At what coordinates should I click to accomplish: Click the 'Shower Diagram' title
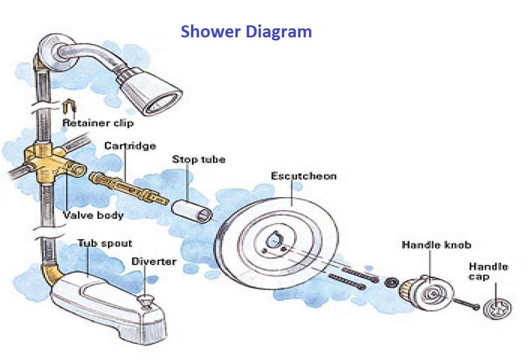(x=246, y=32)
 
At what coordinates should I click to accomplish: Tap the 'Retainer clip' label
(x=98, y=123)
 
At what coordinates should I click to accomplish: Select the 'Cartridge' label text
(x=130, y=146)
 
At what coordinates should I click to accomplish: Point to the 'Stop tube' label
(x=198, y=159)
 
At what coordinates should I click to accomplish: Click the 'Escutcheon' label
(x=303, y=176)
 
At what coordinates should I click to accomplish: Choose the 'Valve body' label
(x=93, y=215)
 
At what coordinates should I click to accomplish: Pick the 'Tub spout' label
(x=105, y=243)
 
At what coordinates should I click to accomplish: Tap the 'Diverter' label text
(x=154, y=261)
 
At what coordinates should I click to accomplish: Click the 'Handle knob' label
(x=436, y=245)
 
